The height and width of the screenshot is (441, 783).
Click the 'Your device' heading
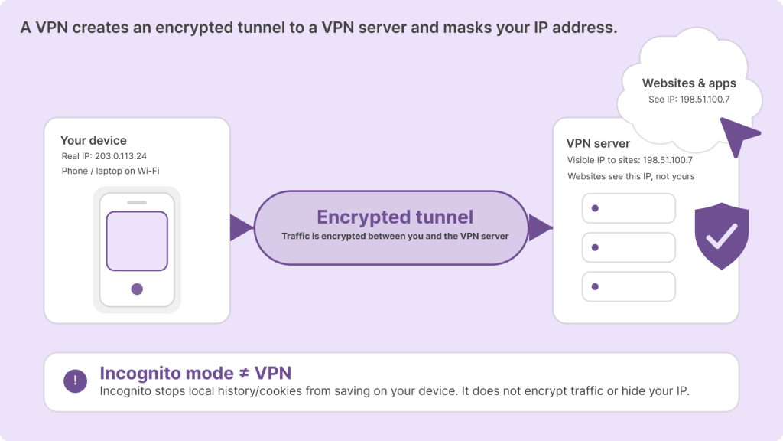tap(93, 141)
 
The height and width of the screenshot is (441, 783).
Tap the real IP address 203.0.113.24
tap(104, 156)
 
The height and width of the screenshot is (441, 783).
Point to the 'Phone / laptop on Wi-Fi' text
tap(111, 171)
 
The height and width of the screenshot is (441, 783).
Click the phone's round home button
tap(137, 289)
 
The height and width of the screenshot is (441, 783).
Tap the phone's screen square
tap(137, 240)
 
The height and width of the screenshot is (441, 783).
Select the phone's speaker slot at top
tap(137, 202)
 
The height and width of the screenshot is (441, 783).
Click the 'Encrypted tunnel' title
tap(395, 217)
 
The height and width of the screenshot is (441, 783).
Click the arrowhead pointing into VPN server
tap(540, 227)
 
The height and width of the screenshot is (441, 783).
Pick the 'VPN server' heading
tap(598, 143)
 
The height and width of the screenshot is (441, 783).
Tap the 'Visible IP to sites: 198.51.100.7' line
tap(629, 160)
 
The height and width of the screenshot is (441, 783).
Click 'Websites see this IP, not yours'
tap(631, 176)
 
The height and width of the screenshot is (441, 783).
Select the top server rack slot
tap(629, 208)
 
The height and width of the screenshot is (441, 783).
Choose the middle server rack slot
tap(629, 247)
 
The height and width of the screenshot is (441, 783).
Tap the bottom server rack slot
tap(629, 286)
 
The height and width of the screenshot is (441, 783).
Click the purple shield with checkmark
tap(721, 237)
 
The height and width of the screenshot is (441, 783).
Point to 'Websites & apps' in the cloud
tap(689, 83)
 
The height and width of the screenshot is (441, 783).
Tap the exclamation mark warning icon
tap(75, 381)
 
